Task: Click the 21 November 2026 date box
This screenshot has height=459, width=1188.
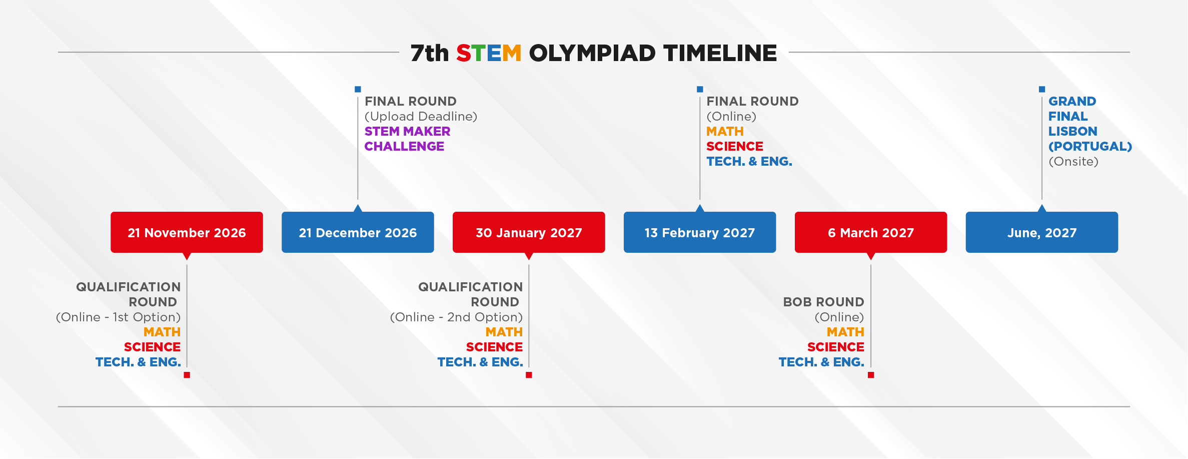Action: click(187, 232)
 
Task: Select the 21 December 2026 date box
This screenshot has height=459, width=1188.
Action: click(358, 232)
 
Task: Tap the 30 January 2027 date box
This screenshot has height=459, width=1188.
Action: click(529, 232)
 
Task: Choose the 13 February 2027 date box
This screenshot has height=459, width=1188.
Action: click(700, 232)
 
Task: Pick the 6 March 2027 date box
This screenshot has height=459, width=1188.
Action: click(871, 232)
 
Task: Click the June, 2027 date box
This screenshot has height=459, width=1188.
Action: click(1042, 232)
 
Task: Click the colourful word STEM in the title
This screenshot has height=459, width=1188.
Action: click(489, 53)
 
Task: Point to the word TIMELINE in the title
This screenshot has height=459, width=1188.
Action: click(720, 53)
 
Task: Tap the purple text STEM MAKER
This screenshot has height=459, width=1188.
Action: click(407, 131)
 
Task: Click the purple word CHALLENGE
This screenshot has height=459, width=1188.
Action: click(404, 146)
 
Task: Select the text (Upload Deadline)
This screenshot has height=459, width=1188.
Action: click(421, 117)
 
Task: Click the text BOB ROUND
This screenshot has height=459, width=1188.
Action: click(823, 302)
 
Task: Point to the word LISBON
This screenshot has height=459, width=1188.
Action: click(1073, 131)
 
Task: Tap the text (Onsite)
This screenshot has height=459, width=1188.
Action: click(1073, 162)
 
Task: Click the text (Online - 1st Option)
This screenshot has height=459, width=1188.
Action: click(118, 317)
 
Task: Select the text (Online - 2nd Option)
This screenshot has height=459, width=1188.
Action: click(456, 317)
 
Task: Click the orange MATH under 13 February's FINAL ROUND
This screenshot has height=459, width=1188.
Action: click(725, 131)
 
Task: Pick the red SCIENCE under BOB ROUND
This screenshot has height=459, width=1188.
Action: click(835, 347)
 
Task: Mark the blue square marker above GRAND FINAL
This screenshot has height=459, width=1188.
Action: click(1042, 89)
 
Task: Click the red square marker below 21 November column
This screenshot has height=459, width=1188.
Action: click(187, 375)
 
